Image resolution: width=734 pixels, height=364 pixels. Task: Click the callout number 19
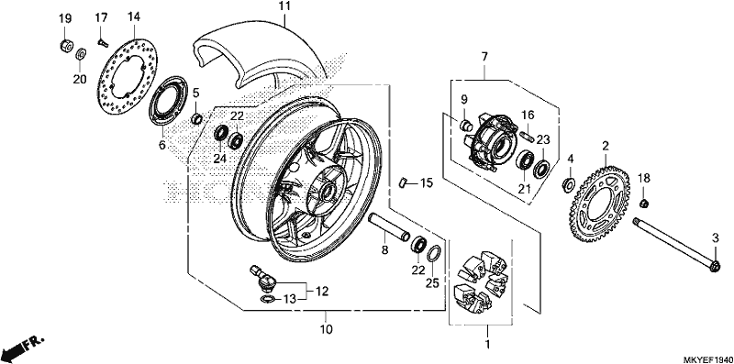point(65,19)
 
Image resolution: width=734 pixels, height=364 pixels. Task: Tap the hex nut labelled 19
point(66,46)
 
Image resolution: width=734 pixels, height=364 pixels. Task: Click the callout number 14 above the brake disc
point(133,17)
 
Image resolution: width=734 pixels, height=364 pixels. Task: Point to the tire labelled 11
point(262,51)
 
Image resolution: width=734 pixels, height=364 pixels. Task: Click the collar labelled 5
point(197,119)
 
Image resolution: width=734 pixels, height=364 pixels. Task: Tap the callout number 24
point(220,159)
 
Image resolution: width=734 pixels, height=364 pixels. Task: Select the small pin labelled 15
point(403,182)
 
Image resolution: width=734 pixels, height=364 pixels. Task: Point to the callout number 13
point(291,300)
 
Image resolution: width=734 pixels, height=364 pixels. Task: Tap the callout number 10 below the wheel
point(327,329)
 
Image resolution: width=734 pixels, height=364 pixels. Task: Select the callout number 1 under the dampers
point(487,345)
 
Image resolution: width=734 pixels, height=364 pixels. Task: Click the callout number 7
point(484,58)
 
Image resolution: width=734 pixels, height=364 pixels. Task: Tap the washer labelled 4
point(568,183)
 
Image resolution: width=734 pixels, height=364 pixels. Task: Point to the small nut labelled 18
point(644,203)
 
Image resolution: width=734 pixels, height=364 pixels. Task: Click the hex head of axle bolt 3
point(715,267)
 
